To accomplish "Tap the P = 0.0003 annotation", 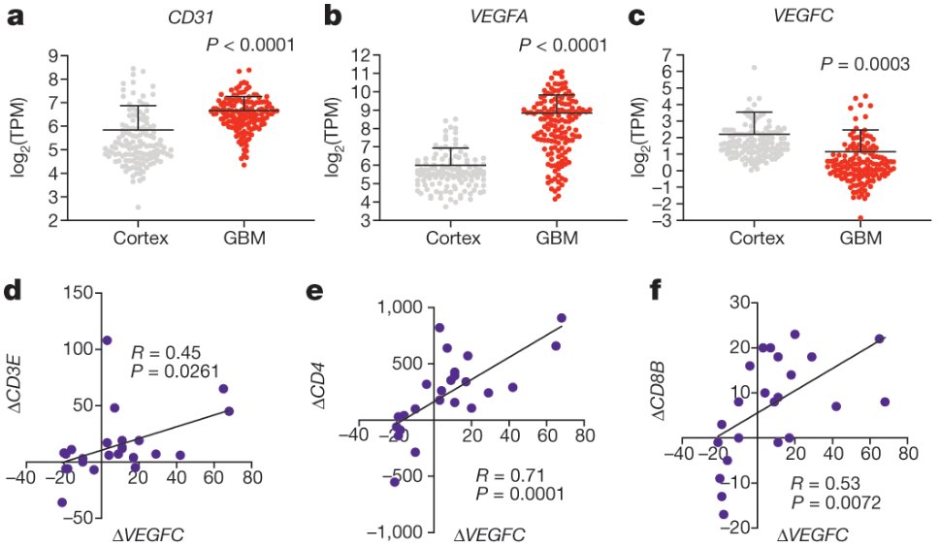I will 864,64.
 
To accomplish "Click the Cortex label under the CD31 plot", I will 137,241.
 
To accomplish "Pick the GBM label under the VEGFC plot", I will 860,241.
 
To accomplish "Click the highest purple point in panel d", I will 107,340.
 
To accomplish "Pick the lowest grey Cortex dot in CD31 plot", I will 139,207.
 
